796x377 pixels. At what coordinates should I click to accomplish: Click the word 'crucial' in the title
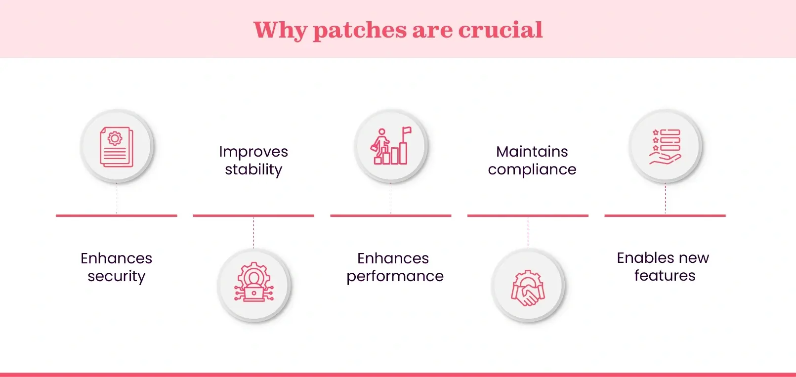pos(501,30)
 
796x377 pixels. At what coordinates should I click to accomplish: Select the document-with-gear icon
pos(117,147)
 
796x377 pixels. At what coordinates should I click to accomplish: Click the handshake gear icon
pos(528,288)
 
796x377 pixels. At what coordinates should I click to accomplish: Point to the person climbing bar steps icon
pos(391,146)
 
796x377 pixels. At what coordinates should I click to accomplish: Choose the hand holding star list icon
pos(665,147)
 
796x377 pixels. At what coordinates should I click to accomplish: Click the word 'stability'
pos(253,170)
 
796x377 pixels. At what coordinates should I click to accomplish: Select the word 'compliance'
pos(532,170)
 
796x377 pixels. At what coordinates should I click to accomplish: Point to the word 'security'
pos(117,276)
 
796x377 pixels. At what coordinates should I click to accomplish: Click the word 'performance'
pos(395,276)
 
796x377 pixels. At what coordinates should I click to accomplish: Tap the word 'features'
pos(665,276)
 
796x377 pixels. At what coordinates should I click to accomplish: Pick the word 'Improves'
pos(253,152)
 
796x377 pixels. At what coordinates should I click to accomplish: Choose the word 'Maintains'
pos(532,152)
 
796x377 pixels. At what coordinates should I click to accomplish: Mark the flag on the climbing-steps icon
pos(407,131)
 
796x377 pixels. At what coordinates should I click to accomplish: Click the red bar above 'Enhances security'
pos(117,215)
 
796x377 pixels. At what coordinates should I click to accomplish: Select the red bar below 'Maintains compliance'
pos(528,215)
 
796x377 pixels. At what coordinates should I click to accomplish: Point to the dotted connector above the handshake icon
pos(528,233)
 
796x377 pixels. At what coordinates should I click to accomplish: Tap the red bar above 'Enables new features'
pos(665,215)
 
